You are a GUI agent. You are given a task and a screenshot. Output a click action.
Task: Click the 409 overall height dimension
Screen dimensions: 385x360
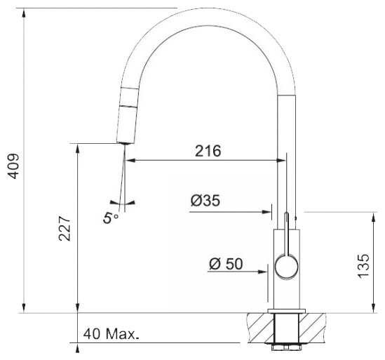13,166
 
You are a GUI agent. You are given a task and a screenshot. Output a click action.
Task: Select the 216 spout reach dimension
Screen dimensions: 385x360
208,151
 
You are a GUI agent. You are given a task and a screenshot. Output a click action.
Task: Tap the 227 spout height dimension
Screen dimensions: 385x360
65,229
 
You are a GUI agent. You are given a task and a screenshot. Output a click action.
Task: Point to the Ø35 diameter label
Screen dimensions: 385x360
205,201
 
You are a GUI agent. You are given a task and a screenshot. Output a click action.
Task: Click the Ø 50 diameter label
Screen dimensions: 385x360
226,264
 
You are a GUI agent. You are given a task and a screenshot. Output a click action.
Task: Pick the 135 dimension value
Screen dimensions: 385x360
363,267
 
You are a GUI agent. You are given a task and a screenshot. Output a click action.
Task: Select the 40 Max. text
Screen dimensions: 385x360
112,334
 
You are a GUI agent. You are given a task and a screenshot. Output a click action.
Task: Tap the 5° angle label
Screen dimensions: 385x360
110,218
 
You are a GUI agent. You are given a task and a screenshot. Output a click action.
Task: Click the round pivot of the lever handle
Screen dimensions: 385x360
286,267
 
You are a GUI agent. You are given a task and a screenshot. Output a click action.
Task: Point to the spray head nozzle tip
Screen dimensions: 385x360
126,143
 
